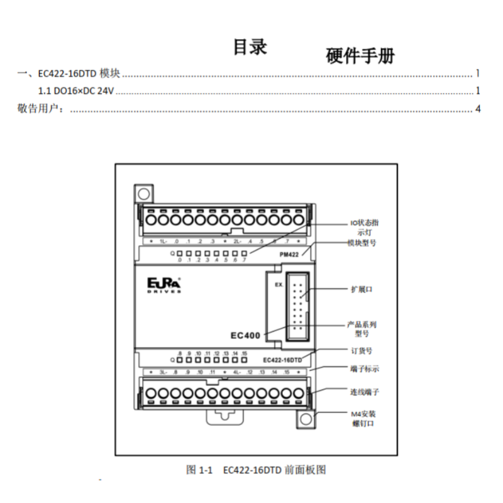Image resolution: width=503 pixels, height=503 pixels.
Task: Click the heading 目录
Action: point(250,47)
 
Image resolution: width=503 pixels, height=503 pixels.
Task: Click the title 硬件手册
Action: point(360,56)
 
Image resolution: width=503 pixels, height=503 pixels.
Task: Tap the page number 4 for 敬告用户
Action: point(478,109)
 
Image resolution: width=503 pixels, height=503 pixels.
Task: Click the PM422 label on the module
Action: point(289,254)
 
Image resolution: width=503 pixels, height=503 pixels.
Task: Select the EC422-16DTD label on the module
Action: point(282,360)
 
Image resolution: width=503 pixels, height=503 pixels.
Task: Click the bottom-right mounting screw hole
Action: point(306,418)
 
